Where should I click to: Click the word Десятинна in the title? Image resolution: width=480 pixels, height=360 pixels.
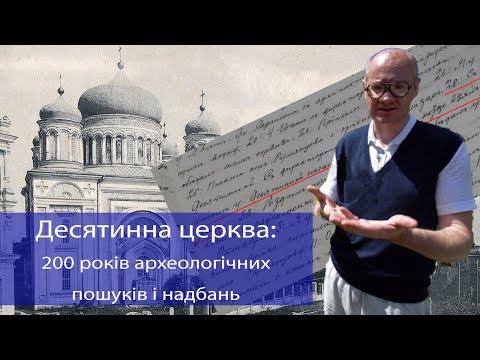104,231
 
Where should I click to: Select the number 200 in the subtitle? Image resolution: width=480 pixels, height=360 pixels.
59,263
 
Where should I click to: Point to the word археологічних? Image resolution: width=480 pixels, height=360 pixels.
214,264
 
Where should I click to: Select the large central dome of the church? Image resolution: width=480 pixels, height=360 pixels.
118,98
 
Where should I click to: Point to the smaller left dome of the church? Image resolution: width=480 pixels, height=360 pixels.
61,108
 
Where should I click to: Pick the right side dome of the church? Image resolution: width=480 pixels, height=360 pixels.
202,123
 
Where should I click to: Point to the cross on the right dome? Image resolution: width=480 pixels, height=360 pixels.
202,99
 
